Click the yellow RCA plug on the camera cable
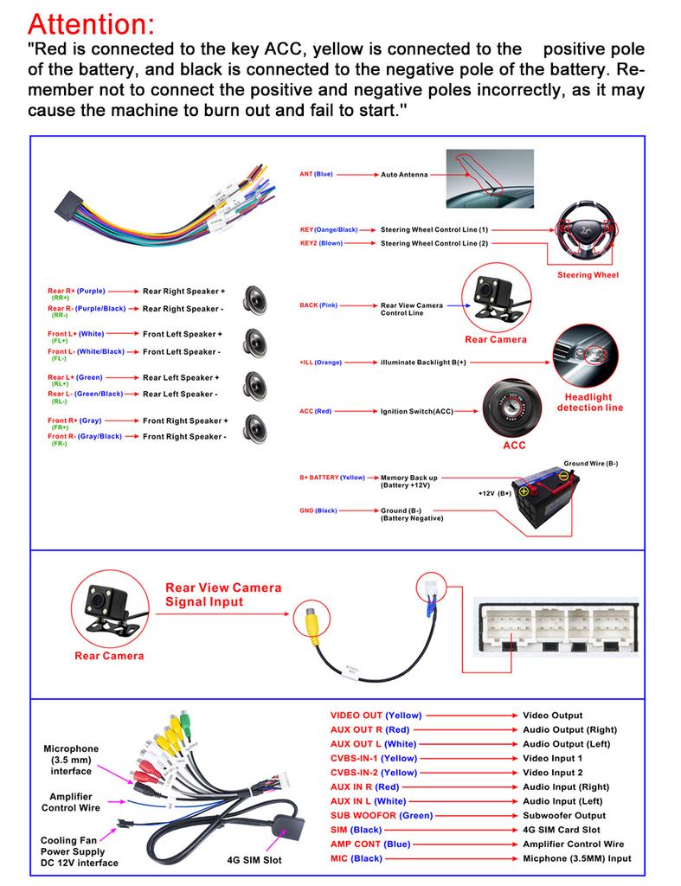[x=312, y=620]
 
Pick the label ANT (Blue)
[x=316, y=174]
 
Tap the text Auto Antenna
[x=404, y=175]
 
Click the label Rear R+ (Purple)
[x=76, y=292]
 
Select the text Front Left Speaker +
[x=183, y=334]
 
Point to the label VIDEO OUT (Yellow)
[x=376, y=716]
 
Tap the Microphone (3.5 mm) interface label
[x=71, y=760]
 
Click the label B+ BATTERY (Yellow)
[x=332, y=477]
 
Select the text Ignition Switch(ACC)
[x=417, y=411]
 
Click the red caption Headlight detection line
[x=589, y=403]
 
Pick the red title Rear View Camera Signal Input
[x=223, y=594]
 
